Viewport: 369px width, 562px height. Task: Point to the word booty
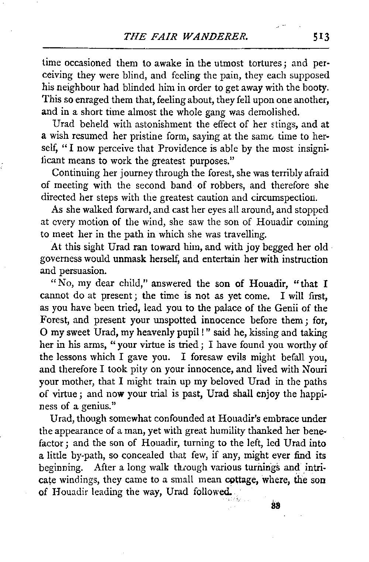[317, 88]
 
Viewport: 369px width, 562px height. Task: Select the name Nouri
[316, 369]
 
